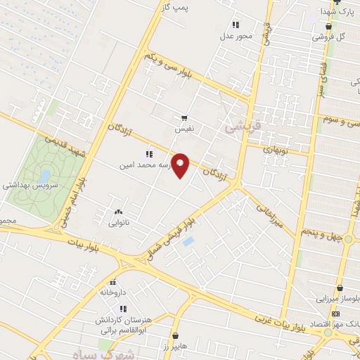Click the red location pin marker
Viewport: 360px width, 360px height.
[181, 165]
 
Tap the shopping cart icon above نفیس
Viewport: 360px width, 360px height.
[184, 118]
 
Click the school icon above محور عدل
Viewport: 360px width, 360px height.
[236, 25]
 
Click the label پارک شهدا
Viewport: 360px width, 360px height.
[334, 12]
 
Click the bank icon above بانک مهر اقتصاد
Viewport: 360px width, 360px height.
[336, 313]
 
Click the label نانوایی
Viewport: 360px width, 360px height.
[118, 222]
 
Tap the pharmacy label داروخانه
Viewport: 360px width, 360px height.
[112, 291]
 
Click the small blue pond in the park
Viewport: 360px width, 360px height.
[46, 174]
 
